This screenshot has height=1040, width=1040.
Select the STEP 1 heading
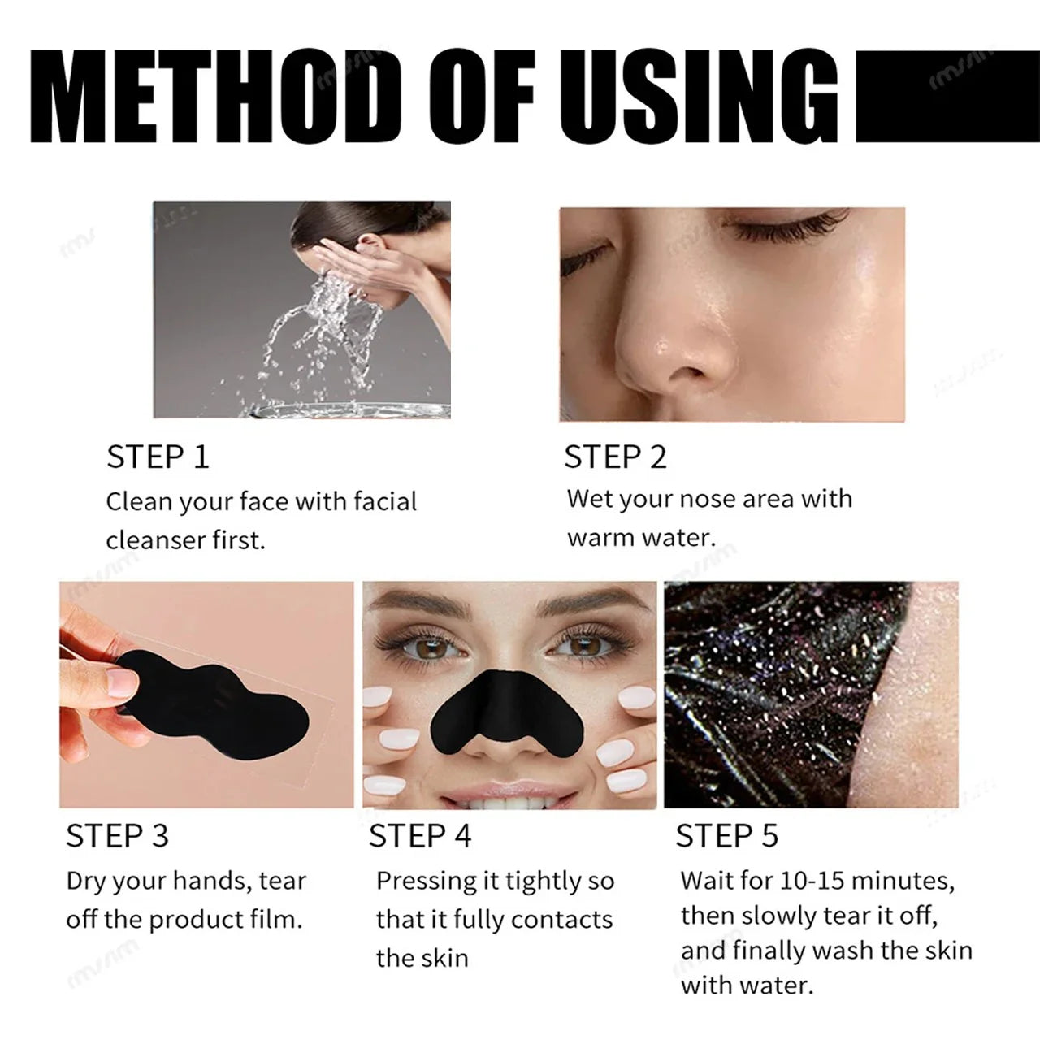pos(158,457)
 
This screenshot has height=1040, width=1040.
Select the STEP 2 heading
pos(615,457)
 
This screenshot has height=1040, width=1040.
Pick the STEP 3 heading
pos(117,836)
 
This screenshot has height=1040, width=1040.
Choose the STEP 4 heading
pos(419,836)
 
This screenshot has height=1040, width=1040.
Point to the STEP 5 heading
pos(726,836)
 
